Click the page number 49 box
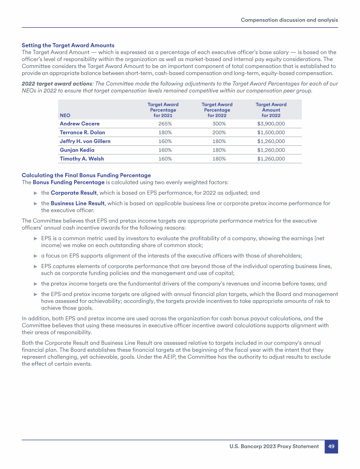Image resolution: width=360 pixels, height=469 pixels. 331,446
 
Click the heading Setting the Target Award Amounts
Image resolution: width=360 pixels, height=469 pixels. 68,45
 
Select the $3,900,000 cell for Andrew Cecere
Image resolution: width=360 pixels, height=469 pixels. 271,124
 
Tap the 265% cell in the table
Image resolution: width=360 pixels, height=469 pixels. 163,124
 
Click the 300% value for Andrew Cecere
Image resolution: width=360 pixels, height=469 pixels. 217,124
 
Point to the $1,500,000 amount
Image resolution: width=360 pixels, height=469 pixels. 271,132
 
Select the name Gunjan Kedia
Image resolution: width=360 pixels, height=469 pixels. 77,150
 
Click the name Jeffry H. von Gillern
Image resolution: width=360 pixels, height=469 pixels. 85,141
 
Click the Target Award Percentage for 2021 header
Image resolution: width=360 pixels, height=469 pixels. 163,110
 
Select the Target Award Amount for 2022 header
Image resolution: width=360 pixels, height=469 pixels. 271,110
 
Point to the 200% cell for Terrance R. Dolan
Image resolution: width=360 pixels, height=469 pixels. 217,132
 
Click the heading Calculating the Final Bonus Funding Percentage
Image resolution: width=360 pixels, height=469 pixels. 86,175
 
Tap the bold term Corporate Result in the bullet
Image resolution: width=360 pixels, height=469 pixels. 73,193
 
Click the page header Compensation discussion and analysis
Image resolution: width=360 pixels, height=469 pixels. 289,20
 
